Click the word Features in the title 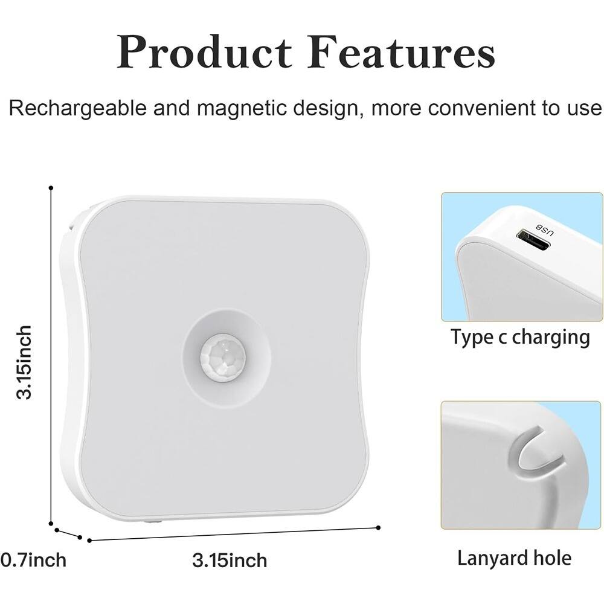pos(401,53)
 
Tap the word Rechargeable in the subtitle pos(78,109)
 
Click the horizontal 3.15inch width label pos(230,560)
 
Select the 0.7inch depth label pos(33,560)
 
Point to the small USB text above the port pos(542,230)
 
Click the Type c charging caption pos(520,337)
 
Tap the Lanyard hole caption pos(514,557)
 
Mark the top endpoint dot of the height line pos(51,188)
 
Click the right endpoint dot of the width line pos(378,527)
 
